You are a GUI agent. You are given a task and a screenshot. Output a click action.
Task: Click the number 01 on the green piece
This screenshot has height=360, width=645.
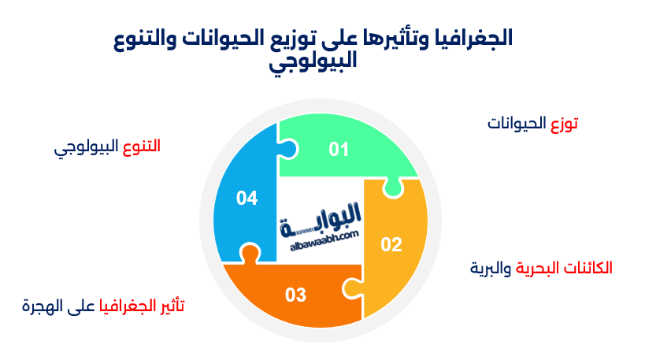pos(339,149)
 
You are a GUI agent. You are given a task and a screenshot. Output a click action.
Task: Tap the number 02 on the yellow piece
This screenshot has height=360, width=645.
pos(391,244)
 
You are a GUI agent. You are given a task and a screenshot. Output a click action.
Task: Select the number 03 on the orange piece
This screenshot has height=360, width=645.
pos(295,295)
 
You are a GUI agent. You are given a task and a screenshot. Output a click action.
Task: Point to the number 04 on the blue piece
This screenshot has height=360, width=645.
pos(247,199)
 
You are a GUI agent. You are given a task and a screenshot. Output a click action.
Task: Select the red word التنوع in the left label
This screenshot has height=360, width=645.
pos(142,147)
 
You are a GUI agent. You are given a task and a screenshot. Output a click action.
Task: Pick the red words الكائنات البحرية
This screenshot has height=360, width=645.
pos(563,268)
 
